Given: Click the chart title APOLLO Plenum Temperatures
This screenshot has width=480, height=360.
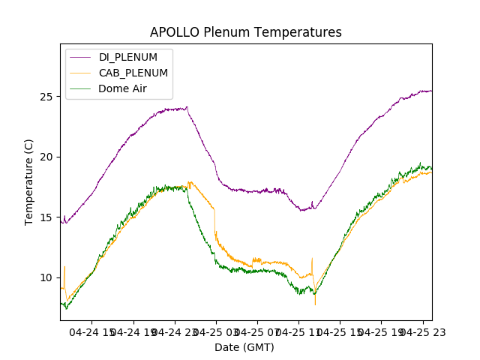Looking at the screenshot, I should [x=245, y=32].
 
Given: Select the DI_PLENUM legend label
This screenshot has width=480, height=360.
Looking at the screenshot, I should [x=128, y=57].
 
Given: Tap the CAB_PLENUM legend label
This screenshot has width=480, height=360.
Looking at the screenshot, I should [x=133, y=73].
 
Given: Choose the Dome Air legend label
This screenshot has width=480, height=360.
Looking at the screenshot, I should [x=123, y=88].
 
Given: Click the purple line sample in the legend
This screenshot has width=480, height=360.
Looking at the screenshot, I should [x=82, y=57].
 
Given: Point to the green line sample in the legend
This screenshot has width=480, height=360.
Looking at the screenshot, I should [x=82, y=88].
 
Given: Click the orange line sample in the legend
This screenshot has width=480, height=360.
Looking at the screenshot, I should [x=82, y=73].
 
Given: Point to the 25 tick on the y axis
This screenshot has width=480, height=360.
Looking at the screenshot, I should [x=46, y=97].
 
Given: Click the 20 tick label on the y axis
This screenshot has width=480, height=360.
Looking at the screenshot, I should [x=46, y=157].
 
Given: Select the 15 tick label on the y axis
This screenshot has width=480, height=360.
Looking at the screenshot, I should [x=46, y=217].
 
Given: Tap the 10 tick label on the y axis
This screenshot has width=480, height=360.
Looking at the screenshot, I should [x=46, y=277].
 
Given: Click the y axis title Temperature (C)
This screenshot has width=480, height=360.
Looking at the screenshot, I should [x=29, y=181].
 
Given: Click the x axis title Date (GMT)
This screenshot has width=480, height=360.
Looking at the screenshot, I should [x=244, y=347].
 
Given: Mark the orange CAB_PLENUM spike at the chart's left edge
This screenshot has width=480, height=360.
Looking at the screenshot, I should [x=64, y=267].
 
